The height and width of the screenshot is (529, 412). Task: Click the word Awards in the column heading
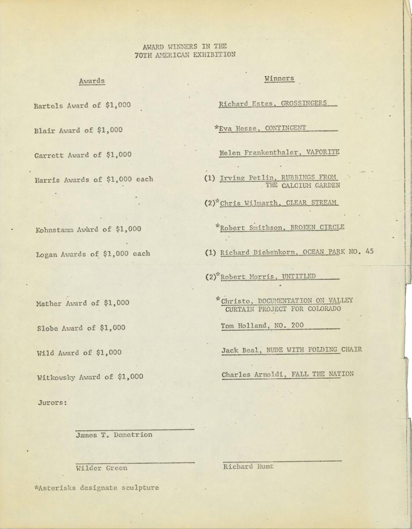coord(92,81)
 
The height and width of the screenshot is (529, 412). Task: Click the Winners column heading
coord(279,78)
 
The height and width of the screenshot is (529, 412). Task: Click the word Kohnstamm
coord(56,229)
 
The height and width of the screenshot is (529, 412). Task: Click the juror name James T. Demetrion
coord(114,435)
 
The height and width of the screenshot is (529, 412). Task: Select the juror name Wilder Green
coord(102,468)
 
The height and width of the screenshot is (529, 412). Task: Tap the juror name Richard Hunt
coord(248,466)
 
